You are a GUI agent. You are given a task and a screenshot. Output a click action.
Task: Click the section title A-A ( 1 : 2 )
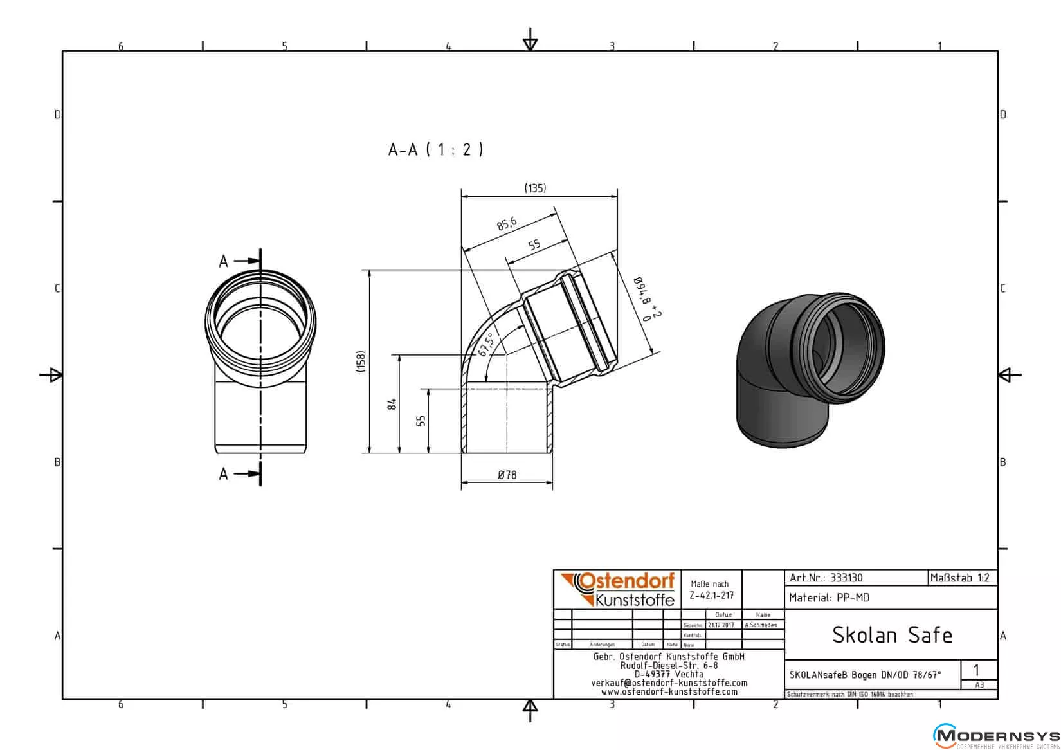click(435, 150)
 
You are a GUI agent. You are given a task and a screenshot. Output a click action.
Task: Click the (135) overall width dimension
click(535, 188)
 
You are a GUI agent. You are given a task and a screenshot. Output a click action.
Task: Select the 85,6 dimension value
click(507, 224)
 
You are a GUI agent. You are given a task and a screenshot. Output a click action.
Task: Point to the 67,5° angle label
click(486, 344)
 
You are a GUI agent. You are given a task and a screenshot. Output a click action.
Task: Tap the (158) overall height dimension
click(361, 361)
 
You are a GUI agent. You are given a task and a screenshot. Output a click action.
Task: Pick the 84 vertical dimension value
click(392, 404)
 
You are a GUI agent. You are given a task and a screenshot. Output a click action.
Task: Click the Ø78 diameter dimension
click(507, 475)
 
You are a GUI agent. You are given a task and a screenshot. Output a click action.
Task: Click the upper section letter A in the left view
click(223, 261)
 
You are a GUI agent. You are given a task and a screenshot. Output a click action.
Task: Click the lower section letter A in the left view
click(223, 474)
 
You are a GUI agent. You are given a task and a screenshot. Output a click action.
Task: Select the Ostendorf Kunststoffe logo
click(617, 589)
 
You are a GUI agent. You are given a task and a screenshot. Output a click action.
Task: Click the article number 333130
click(846, 578)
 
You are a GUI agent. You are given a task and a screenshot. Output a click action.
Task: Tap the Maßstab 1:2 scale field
click(960, 578)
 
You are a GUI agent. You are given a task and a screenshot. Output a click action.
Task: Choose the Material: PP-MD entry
click(829, 598)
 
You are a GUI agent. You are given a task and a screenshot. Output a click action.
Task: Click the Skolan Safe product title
click(891, 635)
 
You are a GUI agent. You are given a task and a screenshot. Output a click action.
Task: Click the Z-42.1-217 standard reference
click(711, 595)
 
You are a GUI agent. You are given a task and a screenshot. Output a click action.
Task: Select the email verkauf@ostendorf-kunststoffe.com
click(669, 683)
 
